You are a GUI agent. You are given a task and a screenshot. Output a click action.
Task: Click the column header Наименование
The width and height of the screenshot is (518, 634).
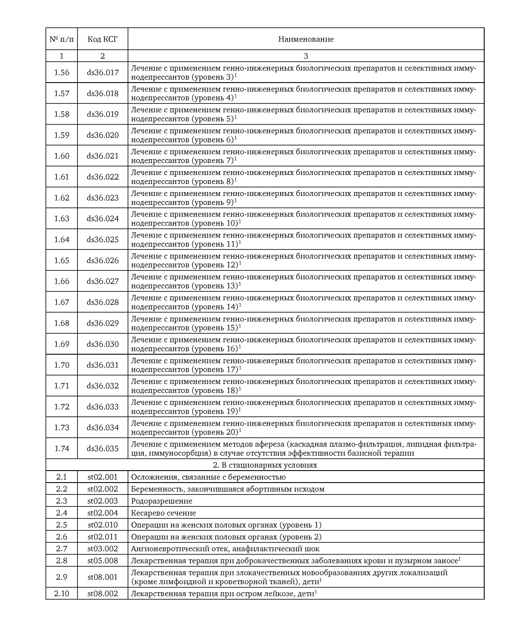point(305,39)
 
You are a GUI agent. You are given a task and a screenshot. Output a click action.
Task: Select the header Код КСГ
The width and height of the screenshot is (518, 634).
point(103,39)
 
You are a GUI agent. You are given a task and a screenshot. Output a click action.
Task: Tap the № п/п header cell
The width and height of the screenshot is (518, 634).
point(62,39)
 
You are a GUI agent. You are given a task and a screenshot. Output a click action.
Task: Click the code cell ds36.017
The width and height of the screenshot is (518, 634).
point(103,73)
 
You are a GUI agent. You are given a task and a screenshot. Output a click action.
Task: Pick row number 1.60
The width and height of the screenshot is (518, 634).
point(62,156)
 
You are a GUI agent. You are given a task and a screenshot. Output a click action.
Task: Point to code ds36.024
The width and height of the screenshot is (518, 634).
point(103,219)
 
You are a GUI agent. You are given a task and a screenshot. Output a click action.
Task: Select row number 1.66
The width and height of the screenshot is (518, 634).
point(62,281)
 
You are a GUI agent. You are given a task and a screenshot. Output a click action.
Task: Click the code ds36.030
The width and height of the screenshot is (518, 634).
point(103,344)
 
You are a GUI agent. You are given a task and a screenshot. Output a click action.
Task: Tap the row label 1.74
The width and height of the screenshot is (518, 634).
point(62,448)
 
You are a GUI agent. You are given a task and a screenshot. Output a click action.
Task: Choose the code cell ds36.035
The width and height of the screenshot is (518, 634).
point(103,448)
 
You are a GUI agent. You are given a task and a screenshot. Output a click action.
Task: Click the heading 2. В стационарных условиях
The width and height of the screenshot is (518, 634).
point(265,465)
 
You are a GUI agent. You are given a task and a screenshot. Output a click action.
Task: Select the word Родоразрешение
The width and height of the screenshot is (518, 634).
point(162,501)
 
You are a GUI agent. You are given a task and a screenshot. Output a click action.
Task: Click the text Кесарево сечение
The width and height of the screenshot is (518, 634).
point(163,513)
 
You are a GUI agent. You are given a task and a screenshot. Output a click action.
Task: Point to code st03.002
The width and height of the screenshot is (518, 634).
point(103,549)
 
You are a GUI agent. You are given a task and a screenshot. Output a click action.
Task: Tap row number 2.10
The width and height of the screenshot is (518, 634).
point(62,594)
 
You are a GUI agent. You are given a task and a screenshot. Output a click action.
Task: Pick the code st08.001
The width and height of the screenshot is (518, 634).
point(103,577)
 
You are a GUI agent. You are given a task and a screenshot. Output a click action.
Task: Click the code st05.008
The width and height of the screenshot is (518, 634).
point(103,561)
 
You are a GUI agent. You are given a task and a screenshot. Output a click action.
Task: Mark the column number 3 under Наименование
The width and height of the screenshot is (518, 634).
point(305,56)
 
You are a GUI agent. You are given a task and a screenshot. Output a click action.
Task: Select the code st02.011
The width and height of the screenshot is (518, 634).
point(103,537)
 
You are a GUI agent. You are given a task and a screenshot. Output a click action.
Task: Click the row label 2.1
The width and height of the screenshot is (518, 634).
point(62,477)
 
